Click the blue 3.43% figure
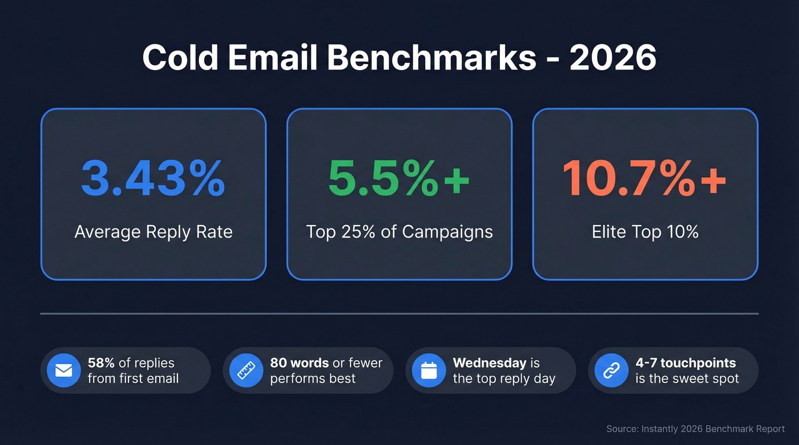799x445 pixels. coord(153,178)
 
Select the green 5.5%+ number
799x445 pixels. coord(399,178)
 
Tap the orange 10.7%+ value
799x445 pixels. coord(644,178)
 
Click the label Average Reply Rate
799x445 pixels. coord(154,232)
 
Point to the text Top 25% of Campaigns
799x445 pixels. coord(399,232)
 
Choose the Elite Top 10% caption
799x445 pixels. coord(645,232)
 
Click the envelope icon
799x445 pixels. coord(63,370)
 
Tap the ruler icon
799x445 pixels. coord(246,370)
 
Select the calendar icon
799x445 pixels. coord(429,370)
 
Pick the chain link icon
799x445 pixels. coord(611,370)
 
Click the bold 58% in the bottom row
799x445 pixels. coord(101,363)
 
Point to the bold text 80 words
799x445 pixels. coord(299,363)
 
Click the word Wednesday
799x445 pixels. coord(489,363)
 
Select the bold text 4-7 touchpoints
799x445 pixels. coord(685,363)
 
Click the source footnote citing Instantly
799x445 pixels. coord(695,428)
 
